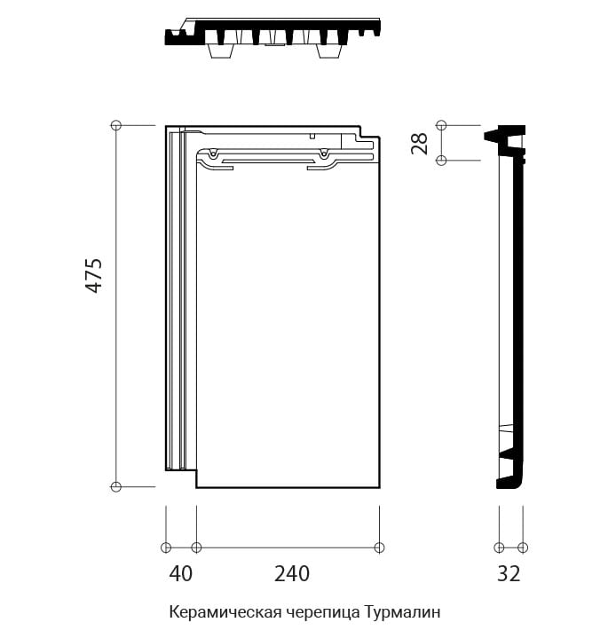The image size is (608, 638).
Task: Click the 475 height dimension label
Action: click(93, 275)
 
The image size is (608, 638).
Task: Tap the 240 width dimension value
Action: click(292, 574)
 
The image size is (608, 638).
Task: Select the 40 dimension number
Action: click(181, 574)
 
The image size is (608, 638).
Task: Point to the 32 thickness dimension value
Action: click(509, 574)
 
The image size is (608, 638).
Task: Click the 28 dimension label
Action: click(419, 143)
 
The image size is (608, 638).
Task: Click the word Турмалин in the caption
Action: click(402, 611)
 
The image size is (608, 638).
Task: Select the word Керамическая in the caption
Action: click(225, 612)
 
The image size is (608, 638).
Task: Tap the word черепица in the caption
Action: click(323, 612)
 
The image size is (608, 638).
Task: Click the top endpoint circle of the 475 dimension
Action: click(116, 125)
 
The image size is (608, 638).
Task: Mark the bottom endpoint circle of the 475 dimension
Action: click(116, 486)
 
